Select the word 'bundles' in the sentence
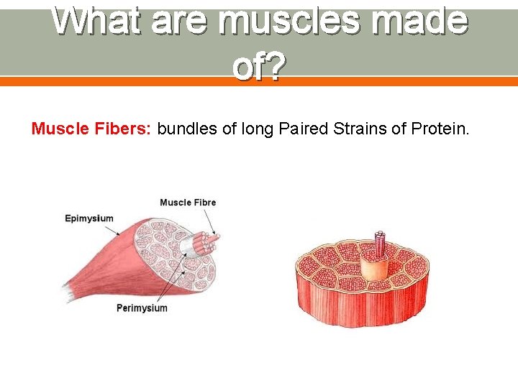coord(183,129)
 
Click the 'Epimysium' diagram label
coord(88,218)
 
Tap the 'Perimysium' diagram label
coord(142,308)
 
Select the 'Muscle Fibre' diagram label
coord(187,203)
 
